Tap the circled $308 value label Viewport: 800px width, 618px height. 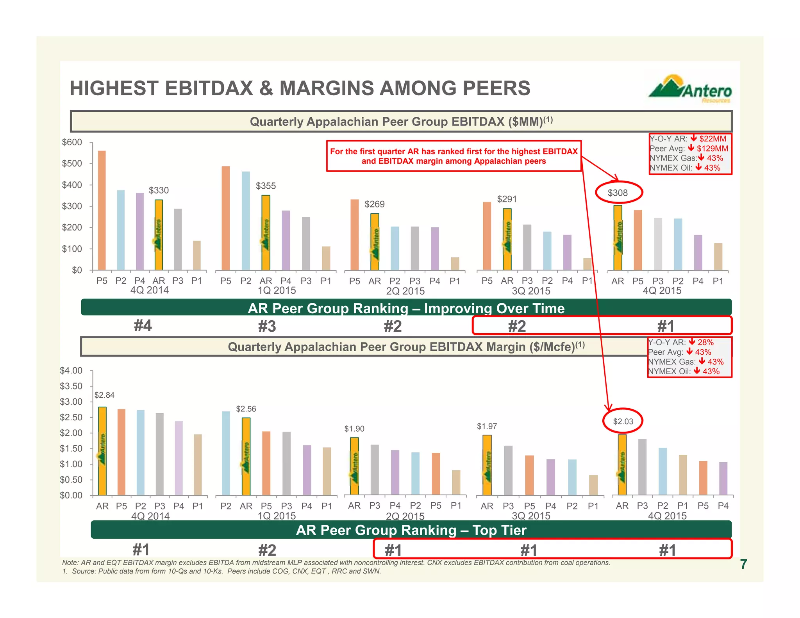click(x=618, y=193)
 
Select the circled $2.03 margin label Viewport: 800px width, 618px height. click(x=623, y=421)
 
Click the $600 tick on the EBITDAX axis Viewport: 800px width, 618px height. click(x=72, y=142)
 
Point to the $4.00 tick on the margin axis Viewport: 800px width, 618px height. click(x=71, y=370)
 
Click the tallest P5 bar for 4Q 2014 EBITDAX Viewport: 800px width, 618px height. click(x=102, y=210)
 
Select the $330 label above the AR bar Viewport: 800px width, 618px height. click(x=159, y=190)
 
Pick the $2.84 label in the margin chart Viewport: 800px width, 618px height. click(x=104, y=395)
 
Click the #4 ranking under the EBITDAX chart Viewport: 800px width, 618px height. click(x=143, y=325)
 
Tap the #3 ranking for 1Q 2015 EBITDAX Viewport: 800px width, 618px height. click(x=267, y=326)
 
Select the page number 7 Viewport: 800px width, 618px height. click(x=743, y=564)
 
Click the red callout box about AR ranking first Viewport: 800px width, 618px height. click(x=454, y=156)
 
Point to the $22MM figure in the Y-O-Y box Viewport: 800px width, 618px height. click(x=712, y=139)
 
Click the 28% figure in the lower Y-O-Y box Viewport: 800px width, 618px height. click(x=705, y=342)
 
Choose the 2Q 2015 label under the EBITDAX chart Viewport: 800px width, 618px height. click(x=405, y=291)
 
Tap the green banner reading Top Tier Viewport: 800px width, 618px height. click(x=411, y=530)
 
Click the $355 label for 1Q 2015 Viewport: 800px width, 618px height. click(x=266, y=186)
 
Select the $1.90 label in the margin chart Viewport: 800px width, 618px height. click(x=354, y=429)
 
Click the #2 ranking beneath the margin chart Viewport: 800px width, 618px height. click(x=267, y=550)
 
